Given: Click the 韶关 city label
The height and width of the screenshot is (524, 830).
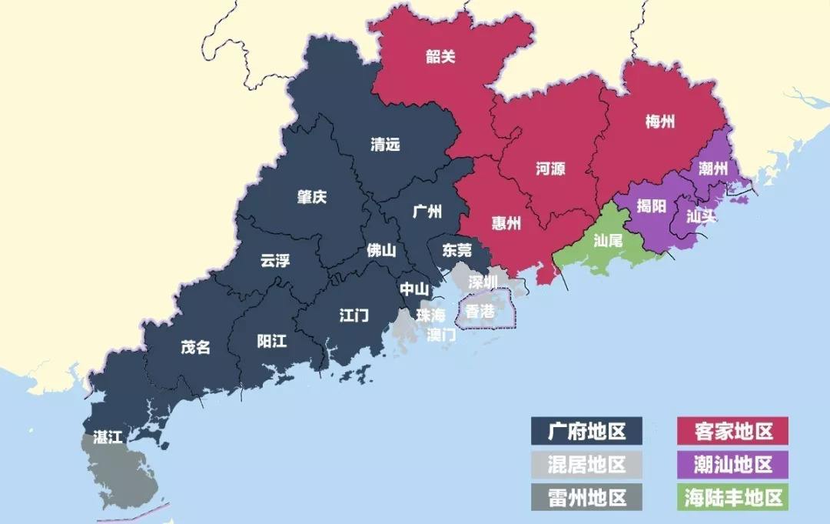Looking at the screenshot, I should point(440,57).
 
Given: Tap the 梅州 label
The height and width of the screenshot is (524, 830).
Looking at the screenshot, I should point(660,121).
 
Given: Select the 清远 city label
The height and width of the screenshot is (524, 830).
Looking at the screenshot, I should point(385,145).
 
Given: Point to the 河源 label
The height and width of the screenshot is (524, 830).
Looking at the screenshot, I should point(550,169).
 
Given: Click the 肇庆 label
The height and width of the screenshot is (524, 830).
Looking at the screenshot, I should point(312,197).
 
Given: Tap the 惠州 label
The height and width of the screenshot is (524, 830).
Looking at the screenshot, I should point(506,223).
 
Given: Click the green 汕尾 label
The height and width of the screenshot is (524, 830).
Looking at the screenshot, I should point(608,239).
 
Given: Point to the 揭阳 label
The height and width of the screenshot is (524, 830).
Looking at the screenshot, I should point(652,206).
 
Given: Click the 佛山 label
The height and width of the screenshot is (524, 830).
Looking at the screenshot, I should point(381,250).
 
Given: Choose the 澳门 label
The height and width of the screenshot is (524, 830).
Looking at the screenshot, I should point(441,335).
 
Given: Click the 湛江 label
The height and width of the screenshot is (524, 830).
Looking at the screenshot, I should point(108,438).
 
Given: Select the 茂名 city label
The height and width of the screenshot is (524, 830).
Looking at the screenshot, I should point(195,347).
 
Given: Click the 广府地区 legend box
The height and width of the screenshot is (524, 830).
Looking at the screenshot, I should point(587,431).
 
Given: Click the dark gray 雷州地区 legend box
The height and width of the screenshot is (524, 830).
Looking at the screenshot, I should point(587,497).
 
